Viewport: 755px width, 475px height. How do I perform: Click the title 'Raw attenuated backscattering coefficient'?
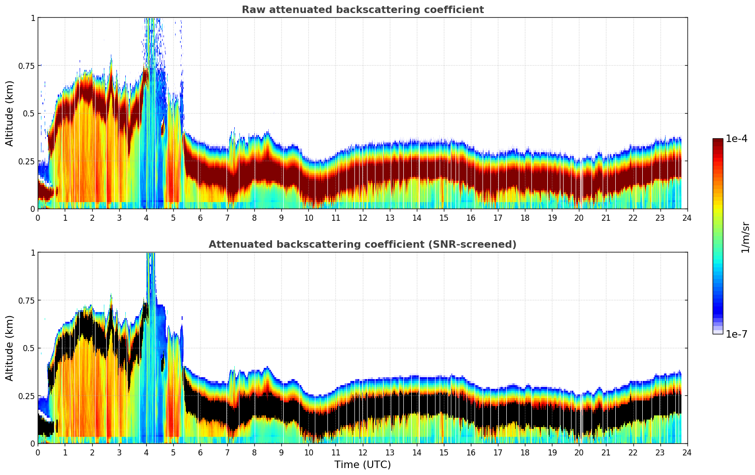click(x=362, y=10)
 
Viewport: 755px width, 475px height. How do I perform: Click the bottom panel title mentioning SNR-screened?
click(x=362, y=244)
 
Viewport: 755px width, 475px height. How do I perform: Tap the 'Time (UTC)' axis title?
click(x=362, y=465)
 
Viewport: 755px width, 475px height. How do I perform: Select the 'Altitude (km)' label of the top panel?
click(x=10, y=113)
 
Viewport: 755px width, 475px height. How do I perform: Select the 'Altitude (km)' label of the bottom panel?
click(x=10, y=348)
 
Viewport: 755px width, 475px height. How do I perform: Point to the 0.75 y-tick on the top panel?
click(x=27, y=66)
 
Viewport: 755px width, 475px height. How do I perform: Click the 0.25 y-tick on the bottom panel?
click(x=27, y=396)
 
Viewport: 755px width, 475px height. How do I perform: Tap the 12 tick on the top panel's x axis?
click(x=362, y=217)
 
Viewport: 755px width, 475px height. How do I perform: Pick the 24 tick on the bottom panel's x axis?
click(x=687, y=452)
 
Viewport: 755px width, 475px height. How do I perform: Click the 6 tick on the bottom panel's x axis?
click(x=200, y=452)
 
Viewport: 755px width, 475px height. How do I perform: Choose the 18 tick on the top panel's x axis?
click(x=525, y=217)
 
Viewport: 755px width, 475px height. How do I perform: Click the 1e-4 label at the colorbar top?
click(x=736, y=139)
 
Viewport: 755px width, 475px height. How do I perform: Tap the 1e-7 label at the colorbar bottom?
click(x=736, y=334)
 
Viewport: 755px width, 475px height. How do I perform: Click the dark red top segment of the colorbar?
click(x=717, y=142)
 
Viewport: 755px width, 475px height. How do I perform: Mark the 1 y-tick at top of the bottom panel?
click(x=33, y=252)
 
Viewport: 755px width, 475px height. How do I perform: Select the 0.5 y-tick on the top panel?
click(x=29, y=113)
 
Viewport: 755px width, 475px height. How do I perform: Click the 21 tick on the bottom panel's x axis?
click(x=606, y=452)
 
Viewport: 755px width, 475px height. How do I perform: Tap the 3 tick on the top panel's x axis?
click(x=119, y=217)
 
